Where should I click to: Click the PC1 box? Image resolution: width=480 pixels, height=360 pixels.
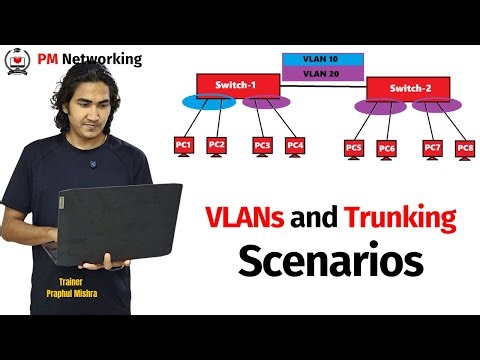(183, 146)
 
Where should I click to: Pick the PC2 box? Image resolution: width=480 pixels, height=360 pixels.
(217, 145)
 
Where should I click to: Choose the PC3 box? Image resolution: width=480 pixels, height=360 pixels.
(263, 146)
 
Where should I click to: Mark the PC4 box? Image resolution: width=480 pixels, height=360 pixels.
(295, 146)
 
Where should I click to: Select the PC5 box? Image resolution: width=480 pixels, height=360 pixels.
(353, 148)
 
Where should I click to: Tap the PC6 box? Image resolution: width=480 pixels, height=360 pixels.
(387, 149)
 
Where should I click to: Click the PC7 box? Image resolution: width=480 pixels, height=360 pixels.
(432, 148)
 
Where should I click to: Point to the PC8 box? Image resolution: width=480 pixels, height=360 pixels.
(464, 148)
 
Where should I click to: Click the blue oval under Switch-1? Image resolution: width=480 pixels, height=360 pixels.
(203, 103)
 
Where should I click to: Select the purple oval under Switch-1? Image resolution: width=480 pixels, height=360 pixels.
(266, 103)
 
